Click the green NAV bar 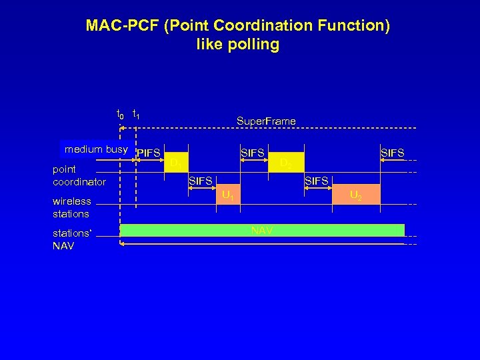tap(262, 231)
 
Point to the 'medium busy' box tap(95, 149)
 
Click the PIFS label tap(148, 153)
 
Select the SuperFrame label tap(266, 121)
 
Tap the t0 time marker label tap(120, 114)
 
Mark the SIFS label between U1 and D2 tap(253, 153)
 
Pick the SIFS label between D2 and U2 tap(317, 181)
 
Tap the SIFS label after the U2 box tap(392, 153)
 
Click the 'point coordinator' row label tap(79, 175)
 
